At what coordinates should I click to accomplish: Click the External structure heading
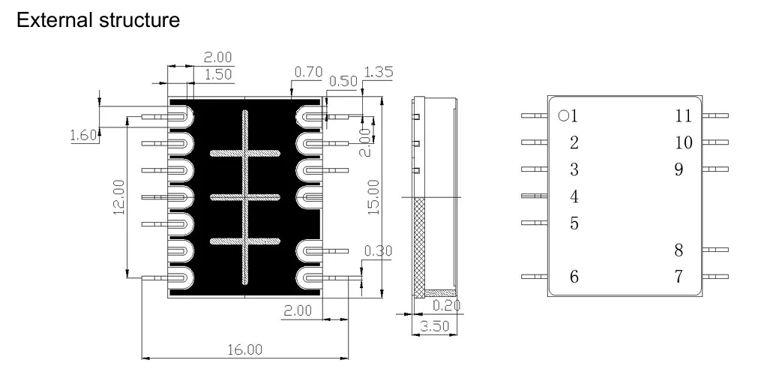click(x=97, y=20)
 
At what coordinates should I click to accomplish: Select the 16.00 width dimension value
click(x=244, y=349)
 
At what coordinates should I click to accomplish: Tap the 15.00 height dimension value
click(x=373, y=196)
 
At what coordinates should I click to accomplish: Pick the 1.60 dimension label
click(x=83, y=135)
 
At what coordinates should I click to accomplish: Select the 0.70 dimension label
click(x=307, y=72)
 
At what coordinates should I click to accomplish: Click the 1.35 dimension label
click(x=378, y=72)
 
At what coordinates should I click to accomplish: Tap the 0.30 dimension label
click(x=377, y=250)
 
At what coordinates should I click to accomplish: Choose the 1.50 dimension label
click(x=218, y=73)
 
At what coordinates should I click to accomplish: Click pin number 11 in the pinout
click(x=682, y=115)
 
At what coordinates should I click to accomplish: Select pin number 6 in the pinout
click(x=574, y=277)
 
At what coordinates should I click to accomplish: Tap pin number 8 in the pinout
click(x=679, y=250)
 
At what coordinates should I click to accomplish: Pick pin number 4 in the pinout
click(x=574, y=196)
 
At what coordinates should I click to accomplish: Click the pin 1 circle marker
click(x=563, y=115)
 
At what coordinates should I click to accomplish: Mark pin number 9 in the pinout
click(x=679, y=169)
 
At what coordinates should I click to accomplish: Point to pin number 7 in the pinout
click(x=679, y=277)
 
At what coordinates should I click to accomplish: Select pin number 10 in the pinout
click(x=682, y=142)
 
